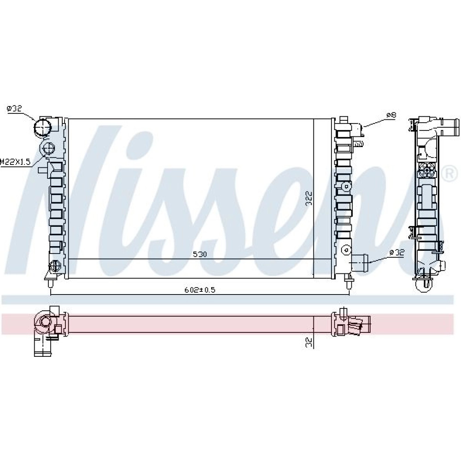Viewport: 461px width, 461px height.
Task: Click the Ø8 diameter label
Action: pyautogui.click(x=391, y=115)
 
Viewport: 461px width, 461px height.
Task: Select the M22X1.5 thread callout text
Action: pyautogui.click(x=15, y=161)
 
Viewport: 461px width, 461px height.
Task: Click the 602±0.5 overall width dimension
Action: pyautogui.click(x=200, y=290)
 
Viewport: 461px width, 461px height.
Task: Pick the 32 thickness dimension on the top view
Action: pyautogui.click(x=308, y=342)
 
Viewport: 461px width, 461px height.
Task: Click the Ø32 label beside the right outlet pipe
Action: pyautogui.click(x=397, y=253)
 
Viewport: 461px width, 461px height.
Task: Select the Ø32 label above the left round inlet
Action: pyautogui.click(x=14, y=108)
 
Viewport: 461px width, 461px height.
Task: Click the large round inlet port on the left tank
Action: pyautogui.click(x=42, y=127)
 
